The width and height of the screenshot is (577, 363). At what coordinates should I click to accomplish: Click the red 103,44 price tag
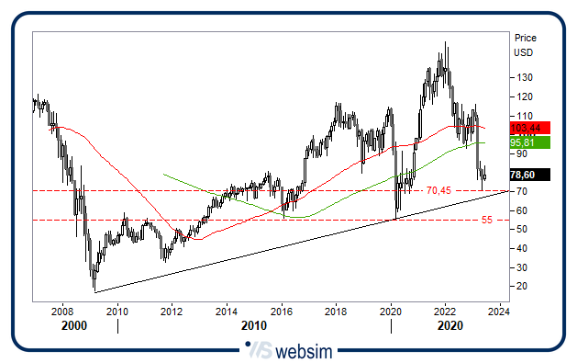pos(528,127)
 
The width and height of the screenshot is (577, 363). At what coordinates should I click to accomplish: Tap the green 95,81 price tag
pos(528,142)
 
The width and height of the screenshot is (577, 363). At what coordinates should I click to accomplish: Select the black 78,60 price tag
pos(528,175)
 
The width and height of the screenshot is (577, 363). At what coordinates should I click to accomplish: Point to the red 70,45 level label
pos(440,191)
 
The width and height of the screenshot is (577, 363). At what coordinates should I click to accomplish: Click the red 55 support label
pos(486,221)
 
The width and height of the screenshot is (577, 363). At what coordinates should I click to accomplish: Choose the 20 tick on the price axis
pos(521,286)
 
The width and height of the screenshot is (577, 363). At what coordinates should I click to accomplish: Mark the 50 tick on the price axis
pos(521,229)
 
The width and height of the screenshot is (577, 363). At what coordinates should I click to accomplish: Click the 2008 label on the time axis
pos(62,312)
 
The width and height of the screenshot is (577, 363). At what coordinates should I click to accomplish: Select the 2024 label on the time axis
pos(498,312)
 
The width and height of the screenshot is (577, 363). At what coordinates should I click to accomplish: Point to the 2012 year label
pos(172,312)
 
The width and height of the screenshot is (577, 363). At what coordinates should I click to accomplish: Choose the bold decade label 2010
pos(254,326)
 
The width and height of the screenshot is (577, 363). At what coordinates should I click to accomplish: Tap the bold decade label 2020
pos(449,326)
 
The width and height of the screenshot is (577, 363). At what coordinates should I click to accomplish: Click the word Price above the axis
pos(526,39)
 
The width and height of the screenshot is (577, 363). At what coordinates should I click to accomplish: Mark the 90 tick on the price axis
pos(521,153)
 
